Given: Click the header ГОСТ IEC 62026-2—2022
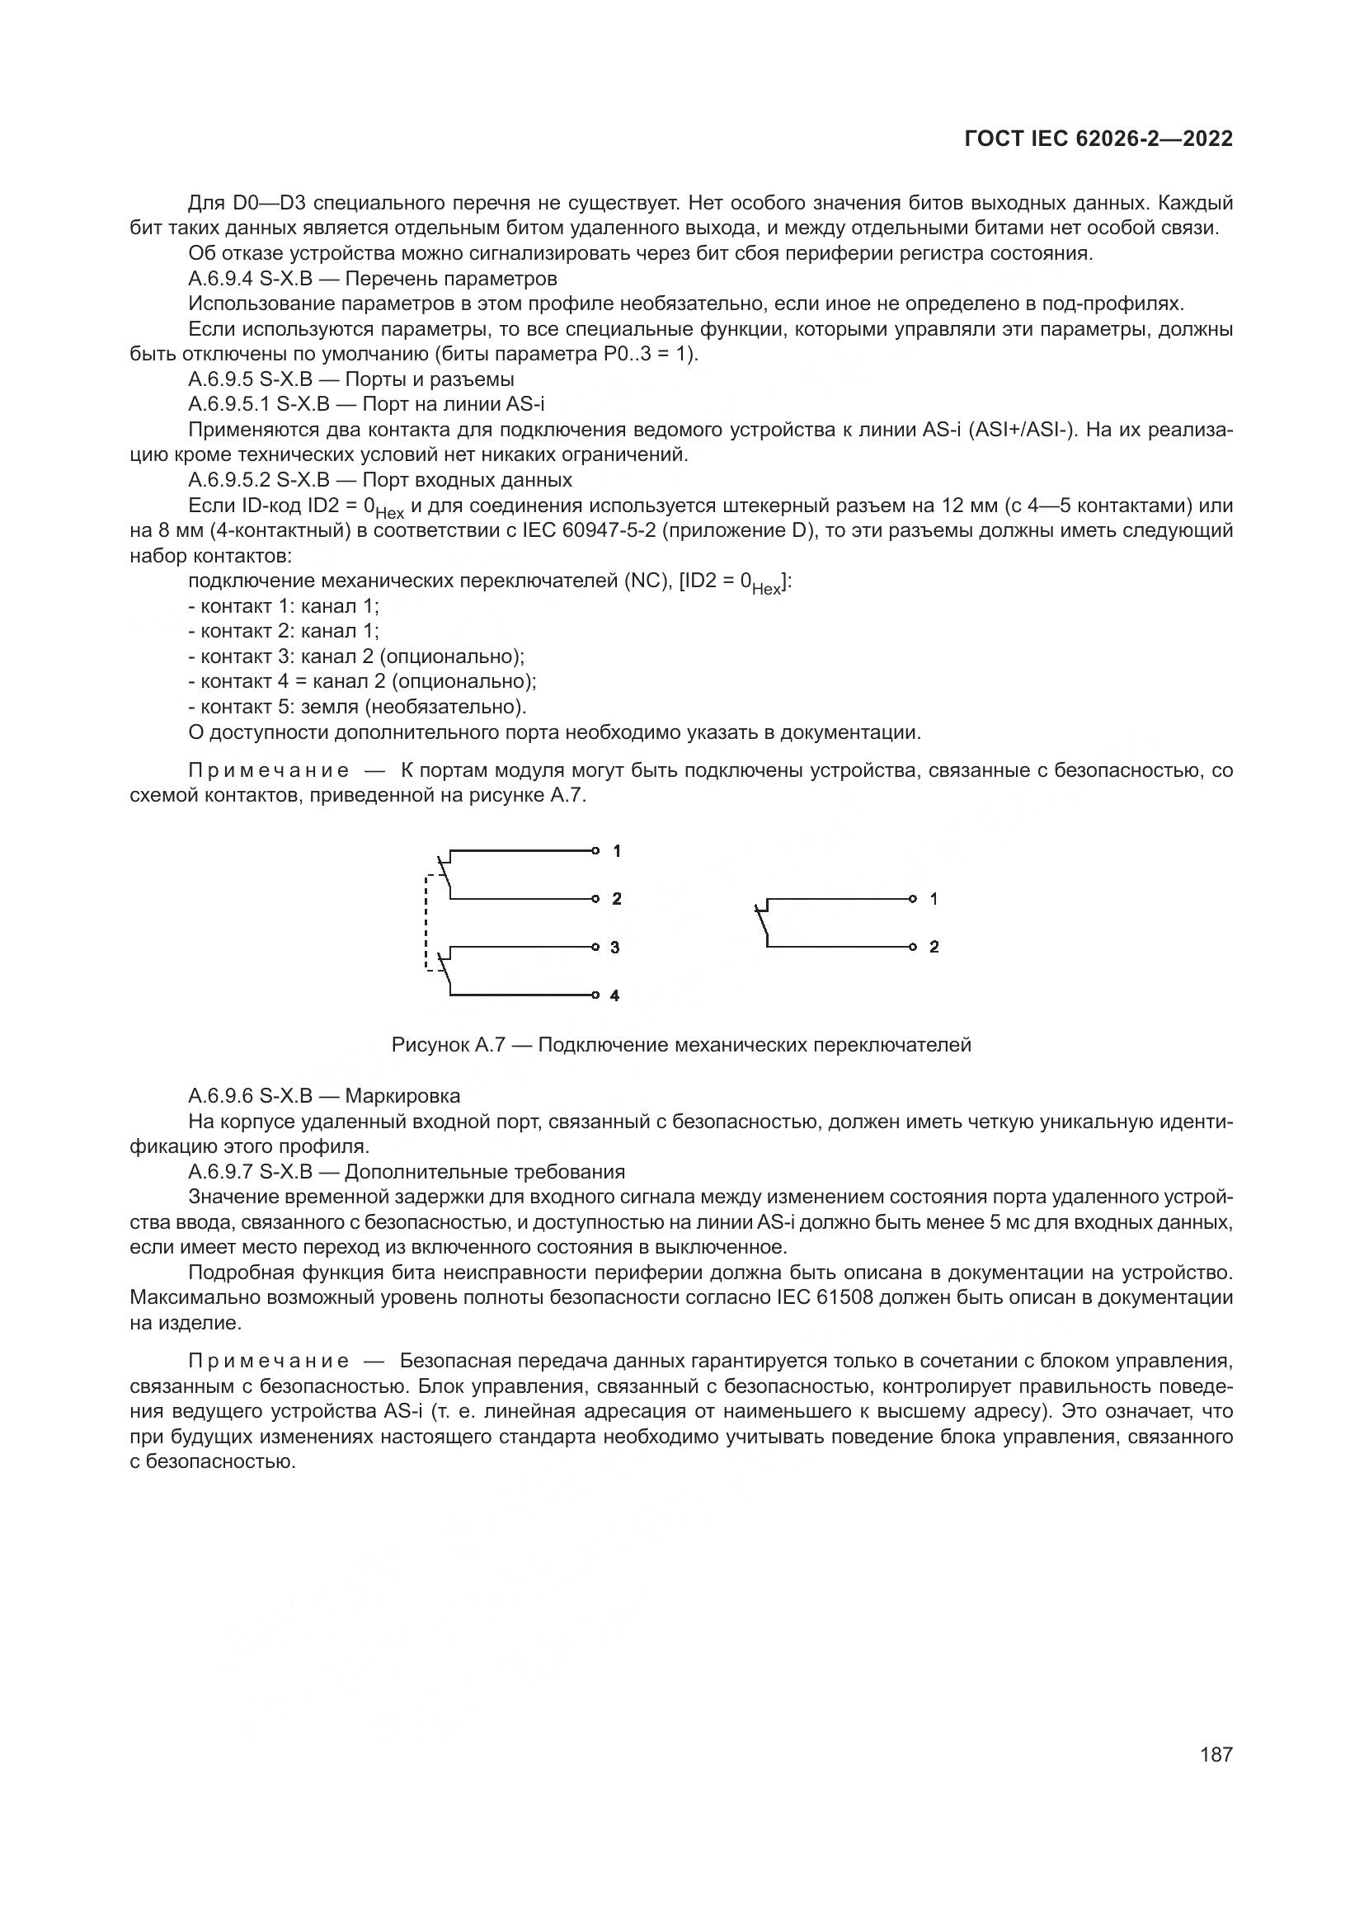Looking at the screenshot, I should pyautogui.click(x=1098, y=139).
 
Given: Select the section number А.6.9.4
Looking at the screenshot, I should pyautogui.click(x=220, y=278).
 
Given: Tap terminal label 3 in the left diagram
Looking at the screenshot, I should pyautogui.click(x=615, y=948).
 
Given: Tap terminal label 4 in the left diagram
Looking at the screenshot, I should pyautogui.click(x=615, y=995).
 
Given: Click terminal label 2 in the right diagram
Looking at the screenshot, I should pyautogui.click(x=934, y=947).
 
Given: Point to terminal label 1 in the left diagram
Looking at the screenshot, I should pyautogui.click(x=617, y=851).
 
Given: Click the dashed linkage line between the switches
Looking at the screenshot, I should pyautogui.click(x=426, y=923).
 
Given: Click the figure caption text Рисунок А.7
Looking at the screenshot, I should pyautogui.click(x=445, y=1045).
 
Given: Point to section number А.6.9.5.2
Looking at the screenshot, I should pyautogui.click(x=228, y=481).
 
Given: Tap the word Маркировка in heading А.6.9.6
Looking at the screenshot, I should pyautogui.click(x=402, y=1096).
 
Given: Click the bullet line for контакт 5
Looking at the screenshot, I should pyautogui.click(x=357, y=707).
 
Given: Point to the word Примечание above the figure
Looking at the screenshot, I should pyautogui.click(x=268, y=770).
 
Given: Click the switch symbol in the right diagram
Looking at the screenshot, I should pyautogui.click(x=764, y=922).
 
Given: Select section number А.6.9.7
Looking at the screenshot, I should pyautogui.click(x=220, y=1172).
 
